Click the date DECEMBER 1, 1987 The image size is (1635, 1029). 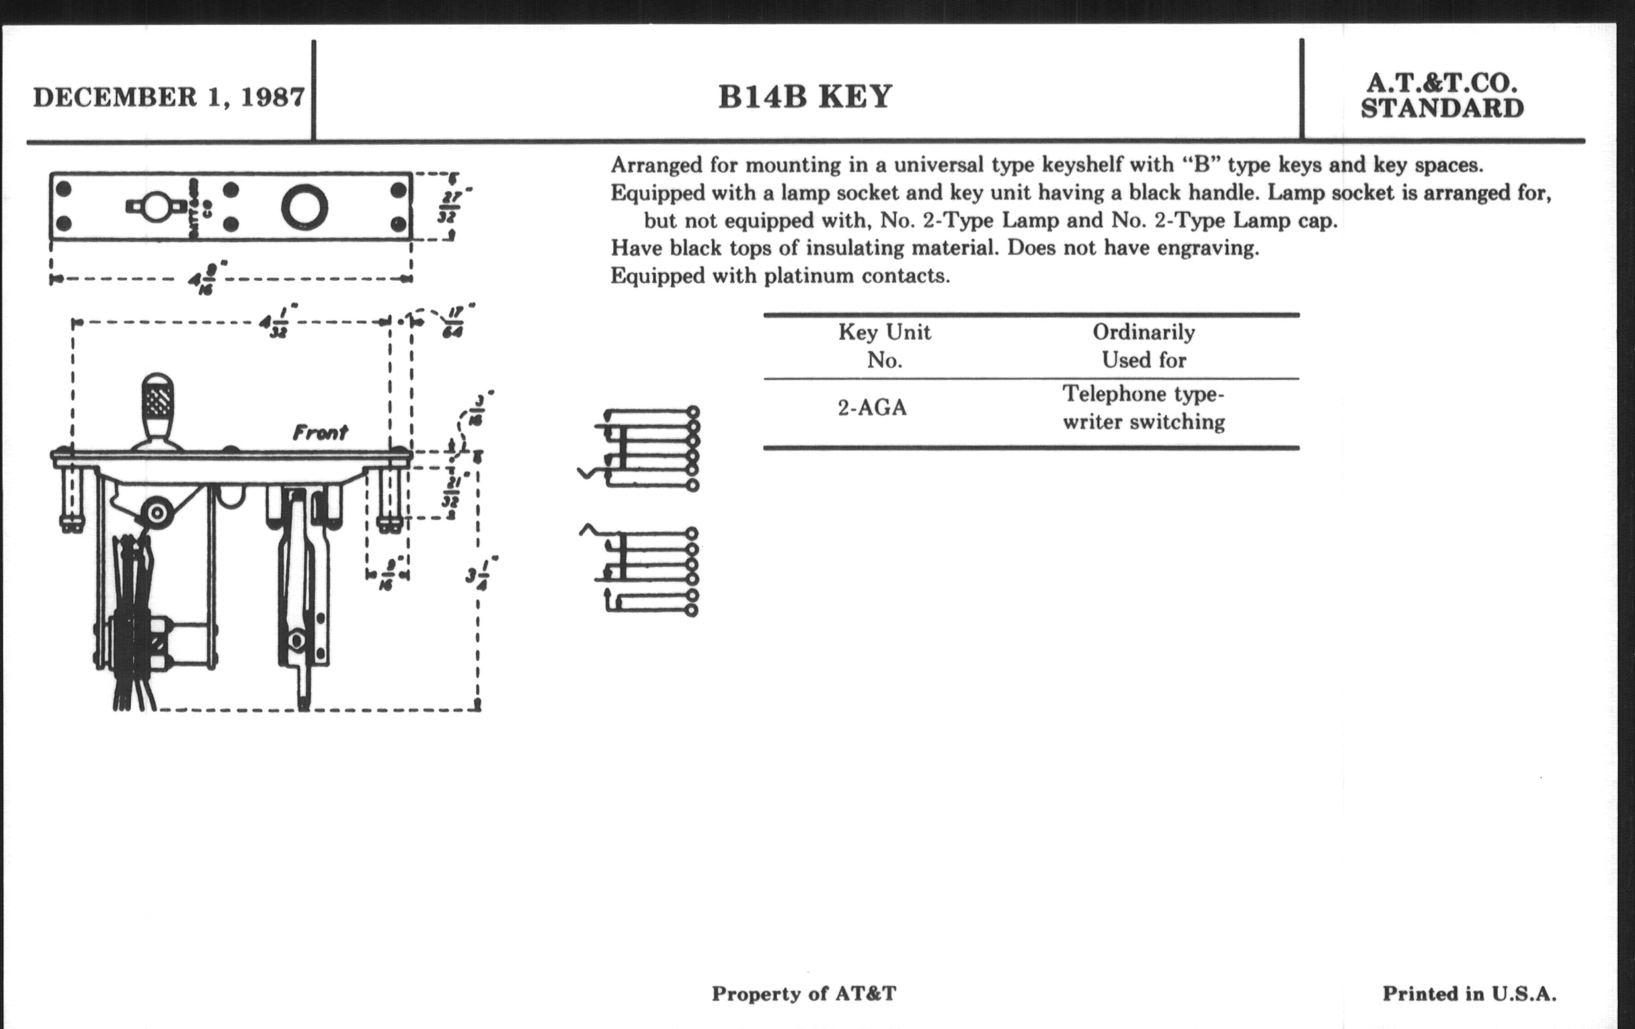tap(168, 97)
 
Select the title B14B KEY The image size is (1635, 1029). tap(805, 96)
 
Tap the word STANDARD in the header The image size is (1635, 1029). tap(1442, 109)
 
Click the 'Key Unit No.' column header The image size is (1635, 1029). tap(884, 346)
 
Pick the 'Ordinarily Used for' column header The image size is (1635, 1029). tap(1144, 346)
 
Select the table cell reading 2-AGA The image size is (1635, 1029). tap(872, 408)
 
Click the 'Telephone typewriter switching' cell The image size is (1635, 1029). tap(1144, 408)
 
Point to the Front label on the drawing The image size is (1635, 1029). tap(320, 432)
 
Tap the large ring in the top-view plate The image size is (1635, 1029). tap(305, 206)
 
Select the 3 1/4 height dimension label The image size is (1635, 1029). tap(482, 574)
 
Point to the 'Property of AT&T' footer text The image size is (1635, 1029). tap(804, 994)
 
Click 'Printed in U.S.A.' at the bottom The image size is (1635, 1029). tap(1470, 994)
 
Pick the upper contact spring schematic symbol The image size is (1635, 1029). tap(641, 449)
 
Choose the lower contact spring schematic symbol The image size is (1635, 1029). tap(641, 571)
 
